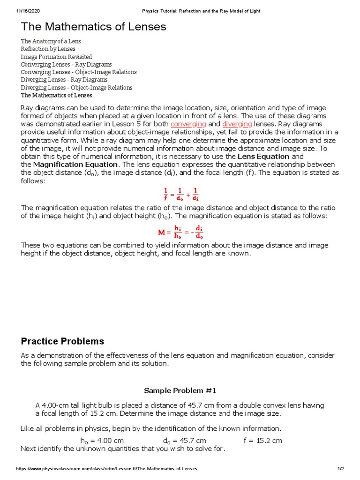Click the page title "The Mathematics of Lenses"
click(93, 27)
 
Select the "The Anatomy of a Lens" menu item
click(51, 41)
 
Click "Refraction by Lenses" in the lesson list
click(48, 49)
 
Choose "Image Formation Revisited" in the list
click(56, 57)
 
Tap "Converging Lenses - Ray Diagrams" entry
click(66, 64)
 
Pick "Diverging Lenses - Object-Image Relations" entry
click(76, 88)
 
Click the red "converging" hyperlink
click(188, 124)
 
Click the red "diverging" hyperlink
click(237, 124)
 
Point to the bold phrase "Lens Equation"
click(263, 156)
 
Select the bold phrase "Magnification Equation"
click(75, 164)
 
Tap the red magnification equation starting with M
click(180, 232)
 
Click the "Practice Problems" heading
click(62, 341)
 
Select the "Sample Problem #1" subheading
click(180, 390)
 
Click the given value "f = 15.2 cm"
click(262, 440)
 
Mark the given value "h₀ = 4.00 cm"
click(102, 440)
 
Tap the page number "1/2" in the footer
click(340, 469)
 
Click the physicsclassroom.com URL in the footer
click(106, 469)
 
